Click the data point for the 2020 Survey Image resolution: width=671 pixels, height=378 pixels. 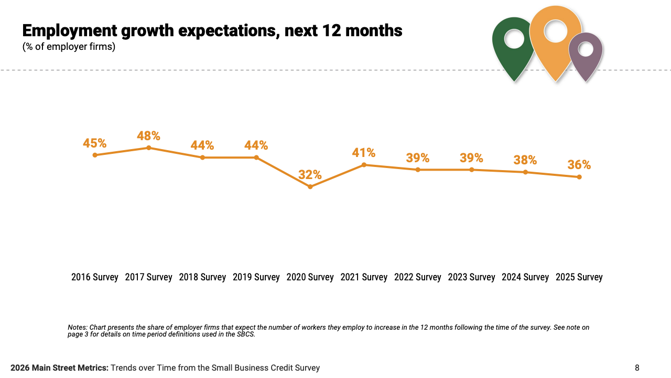[x=310, y=186]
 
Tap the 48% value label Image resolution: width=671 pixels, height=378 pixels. [x=148, y=136]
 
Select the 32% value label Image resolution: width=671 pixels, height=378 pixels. [x=310, y=175]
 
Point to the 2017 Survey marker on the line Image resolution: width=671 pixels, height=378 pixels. [x=149, y=148]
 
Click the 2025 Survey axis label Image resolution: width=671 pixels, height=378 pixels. [x=579, y=277]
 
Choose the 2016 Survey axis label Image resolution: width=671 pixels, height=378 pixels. [x=95, y=277]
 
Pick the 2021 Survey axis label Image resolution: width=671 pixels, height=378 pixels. [x=364, y=277]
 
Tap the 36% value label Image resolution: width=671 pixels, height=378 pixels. [x=579, y=165]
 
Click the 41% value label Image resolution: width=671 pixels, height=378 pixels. [x=364, y=153]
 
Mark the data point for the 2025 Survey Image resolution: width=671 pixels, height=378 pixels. [x=579, y=177]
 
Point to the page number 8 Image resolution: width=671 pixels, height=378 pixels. [x=637, y=368]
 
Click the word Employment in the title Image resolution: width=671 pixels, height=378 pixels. [x=70, y=31]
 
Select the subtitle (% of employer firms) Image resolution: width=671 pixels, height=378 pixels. [x=69, y=47]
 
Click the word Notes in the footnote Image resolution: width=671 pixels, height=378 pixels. [x=77, y=328]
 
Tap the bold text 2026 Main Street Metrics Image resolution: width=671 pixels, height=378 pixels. [x=59, y=368]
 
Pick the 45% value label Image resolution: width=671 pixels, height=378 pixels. [x=94, y=143]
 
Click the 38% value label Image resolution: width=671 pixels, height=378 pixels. [x=525, y=160]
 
